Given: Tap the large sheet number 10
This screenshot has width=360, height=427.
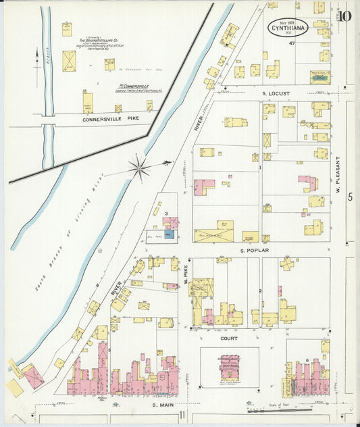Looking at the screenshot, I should tap(344, 16).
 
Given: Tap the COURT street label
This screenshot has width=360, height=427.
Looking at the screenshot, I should tap(229, 337).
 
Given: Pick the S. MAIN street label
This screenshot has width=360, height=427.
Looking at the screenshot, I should tap(163, 405).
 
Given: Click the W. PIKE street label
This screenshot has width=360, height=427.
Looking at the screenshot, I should tap(184, 274).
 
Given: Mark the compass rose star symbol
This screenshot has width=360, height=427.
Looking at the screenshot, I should tap(140, 167).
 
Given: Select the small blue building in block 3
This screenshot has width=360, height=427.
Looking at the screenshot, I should tap(168, 234).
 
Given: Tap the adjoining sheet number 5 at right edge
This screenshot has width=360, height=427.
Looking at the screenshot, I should tap(350, 197).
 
